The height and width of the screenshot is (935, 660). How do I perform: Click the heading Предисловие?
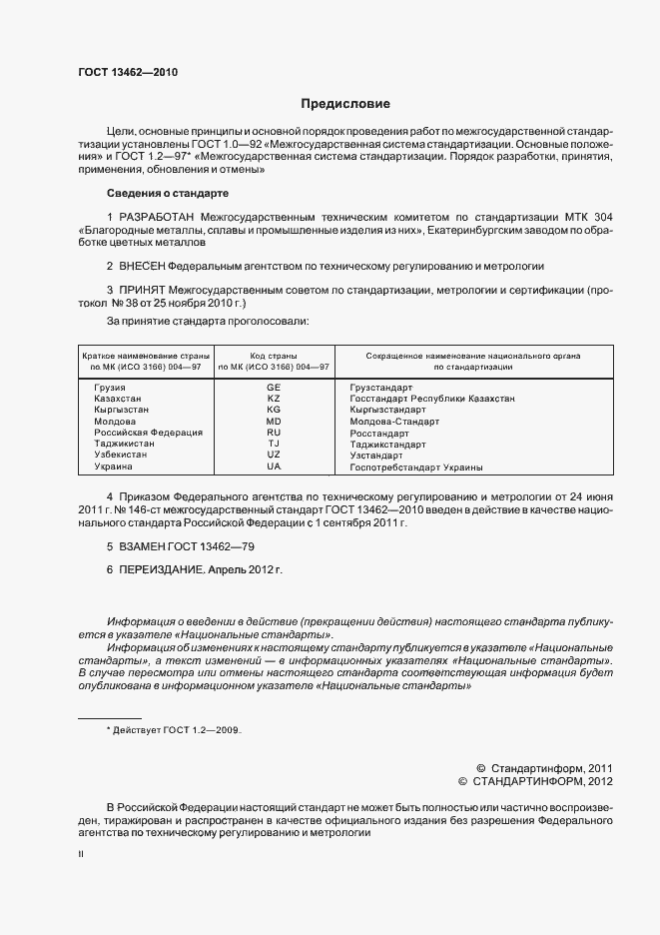345,104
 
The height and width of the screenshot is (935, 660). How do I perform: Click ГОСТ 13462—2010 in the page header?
128,72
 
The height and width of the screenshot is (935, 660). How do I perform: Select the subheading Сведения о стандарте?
168,192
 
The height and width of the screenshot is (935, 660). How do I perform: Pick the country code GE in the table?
274,386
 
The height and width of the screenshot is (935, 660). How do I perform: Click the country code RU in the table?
274,433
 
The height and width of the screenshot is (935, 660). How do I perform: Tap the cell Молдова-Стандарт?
393,422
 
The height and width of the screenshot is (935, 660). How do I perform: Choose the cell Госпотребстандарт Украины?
416,467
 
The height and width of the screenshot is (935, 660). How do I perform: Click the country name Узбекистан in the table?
120,455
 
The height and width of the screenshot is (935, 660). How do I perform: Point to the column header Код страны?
274,355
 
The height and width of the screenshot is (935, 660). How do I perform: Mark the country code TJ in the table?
274,444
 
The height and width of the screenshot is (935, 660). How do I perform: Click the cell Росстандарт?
379,433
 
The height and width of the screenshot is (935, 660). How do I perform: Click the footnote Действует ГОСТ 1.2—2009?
176,731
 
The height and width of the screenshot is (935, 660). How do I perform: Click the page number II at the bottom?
81,854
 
